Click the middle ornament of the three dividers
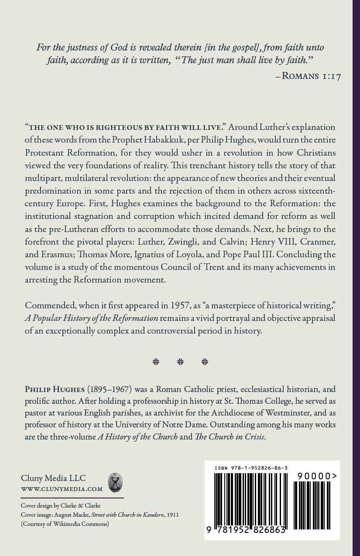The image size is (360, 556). pyautogui.click(x=180, y=362)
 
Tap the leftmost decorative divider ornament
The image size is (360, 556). pyautogui.click(x=156, y=362)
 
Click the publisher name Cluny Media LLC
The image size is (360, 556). pyautogui.click(x=51, y=478)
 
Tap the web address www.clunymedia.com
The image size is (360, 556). pyautogui.click(x=62, y=489)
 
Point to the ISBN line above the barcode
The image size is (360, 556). pyautogui.click(x=251, y=468)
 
